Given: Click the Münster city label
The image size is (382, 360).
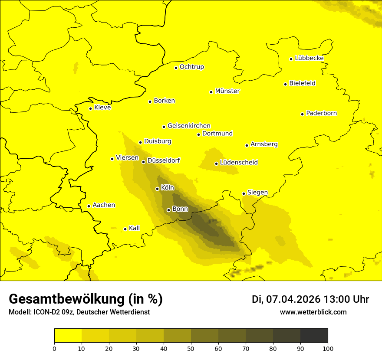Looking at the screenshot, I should pyautogui.click(x=227, y=91).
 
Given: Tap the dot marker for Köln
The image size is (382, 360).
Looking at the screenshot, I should pyautogui.click(x=157, y=189).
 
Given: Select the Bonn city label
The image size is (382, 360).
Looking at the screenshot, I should pyautogui.click(x=180, y=209).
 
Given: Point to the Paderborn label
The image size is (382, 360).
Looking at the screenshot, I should pyautogui.click(x=321, y=113).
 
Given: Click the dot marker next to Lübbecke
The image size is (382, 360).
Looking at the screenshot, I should pyautogui.click(x=291, y=59).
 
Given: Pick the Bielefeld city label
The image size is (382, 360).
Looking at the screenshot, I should pyautogui.click(x=302, y=83).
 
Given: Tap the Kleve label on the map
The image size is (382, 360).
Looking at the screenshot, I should pyautogui.click(x=102, y=107).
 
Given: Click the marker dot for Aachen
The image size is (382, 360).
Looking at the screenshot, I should pyautogui.click(x=89, y=206).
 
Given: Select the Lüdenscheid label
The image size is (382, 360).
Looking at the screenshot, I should pyautogui.click(x=239, y=163).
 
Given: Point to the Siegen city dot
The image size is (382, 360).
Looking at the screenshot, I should pyautogui.click(x=244, y=193).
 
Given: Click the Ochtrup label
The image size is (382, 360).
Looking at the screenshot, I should pyautogui.click(x=191, y=67).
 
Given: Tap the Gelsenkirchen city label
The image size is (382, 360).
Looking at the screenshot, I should pyautogui.click(x=189, y=126).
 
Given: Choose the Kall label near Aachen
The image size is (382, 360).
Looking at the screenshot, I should pyautogui.click(x=134, y=228).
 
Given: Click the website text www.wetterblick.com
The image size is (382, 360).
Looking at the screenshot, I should pyautogui.click(x=313, y=312).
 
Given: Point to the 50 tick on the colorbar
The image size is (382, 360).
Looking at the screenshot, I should pyautogui.click(x=191, y=348).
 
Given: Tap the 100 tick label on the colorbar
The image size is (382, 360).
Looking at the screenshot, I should pyautogui.click(x=328, y=348).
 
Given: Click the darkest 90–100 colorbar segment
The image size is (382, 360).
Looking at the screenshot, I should pyautogui.click(x=314, y=336).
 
